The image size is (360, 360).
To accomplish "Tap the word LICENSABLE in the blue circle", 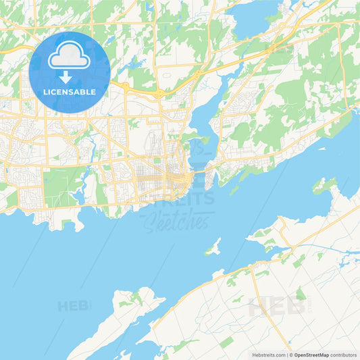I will coord(70,92).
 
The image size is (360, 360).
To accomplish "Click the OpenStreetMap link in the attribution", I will coord(311,354).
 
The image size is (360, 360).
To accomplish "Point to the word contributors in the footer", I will coord(343,354).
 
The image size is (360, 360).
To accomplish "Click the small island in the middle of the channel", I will coord(213,247).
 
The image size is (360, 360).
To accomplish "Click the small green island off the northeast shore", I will coord(324,184).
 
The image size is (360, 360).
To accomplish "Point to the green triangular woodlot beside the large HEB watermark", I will coord(300,294).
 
